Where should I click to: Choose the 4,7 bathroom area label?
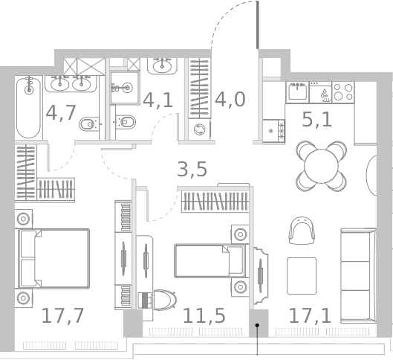[x=61, y=113]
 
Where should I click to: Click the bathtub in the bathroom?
[x=28, y=108]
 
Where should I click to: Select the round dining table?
[x=321, y=164]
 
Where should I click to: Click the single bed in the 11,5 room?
[x=209, y=261]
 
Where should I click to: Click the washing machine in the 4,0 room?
[x=199, y=129]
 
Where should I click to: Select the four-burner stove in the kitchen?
[x=342, y=91]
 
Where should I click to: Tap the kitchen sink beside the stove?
[x=298, y=93]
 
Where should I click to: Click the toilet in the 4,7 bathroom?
[x=90, y=121]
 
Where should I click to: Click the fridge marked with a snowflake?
[x=271, y=130]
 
